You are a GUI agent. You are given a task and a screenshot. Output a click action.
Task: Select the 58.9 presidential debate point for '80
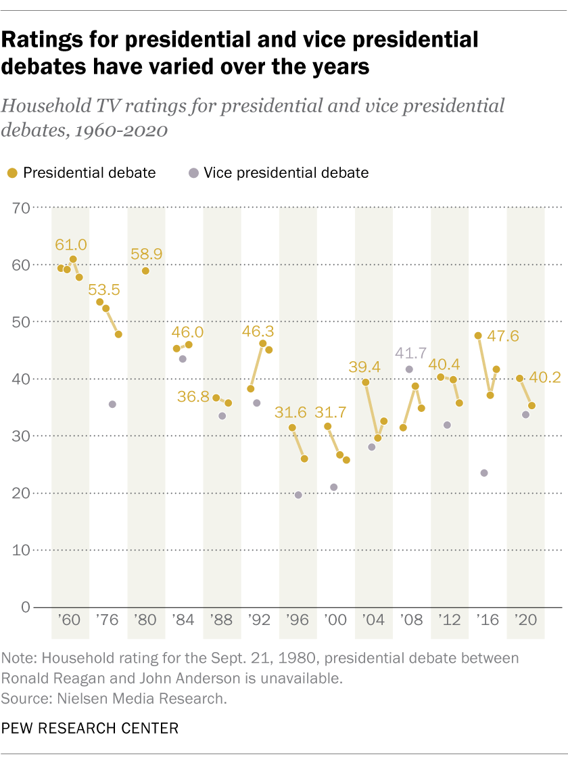pyautogui.click(x=145, y=271)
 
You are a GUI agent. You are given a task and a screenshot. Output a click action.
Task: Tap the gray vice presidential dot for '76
pyautogui.click(x=112, y=404)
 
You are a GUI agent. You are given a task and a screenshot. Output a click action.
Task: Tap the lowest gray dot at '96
pyautogui.click(x=298, y=495)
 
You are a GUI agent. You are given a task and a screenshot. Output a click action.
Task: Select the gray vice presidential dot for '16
pyautogui.click(x=484, y=473)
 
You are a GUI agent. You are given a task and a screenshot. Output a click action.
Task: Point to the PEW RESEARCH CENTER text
pyautogui.click(x=89, y=728)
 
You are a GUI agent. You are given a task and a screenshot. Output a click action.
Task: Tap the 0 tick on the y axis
pyautogui.click(x=27, y=607)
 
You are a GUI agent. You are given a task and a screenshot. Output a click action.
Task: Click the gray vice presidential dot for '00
pyautogui.click(x=333, y=487)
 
